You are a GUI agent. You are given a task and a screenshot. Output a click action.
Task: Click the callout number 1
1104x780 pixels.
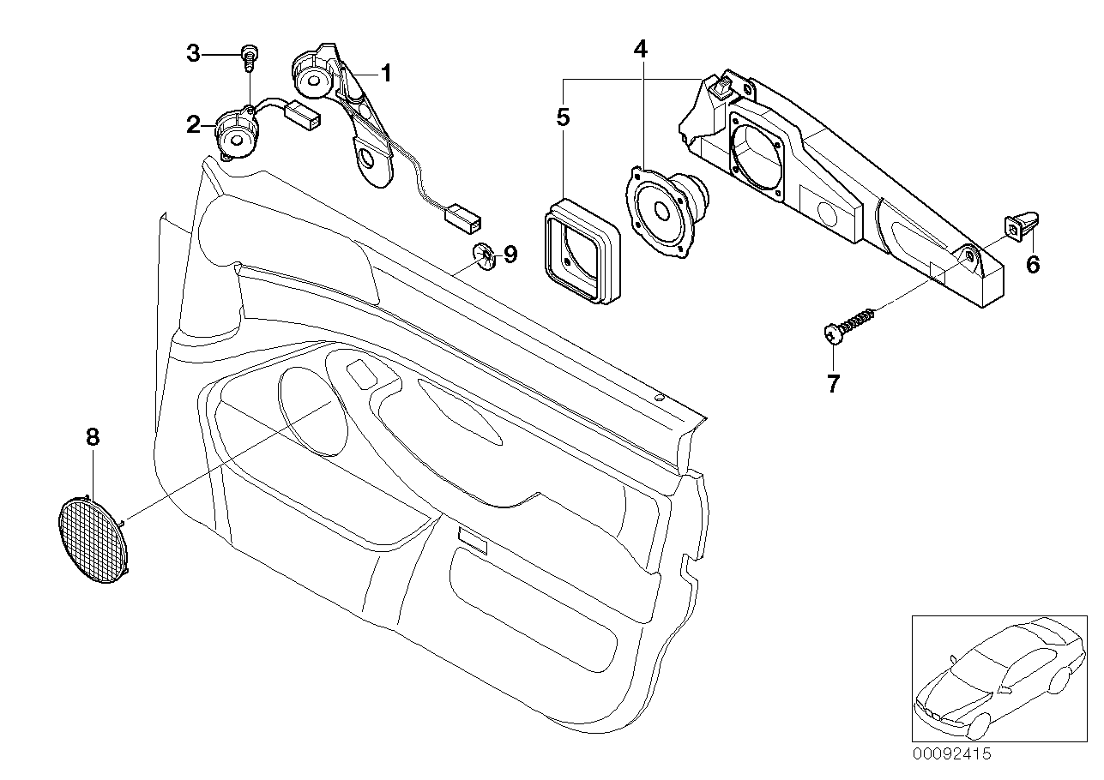click(x=386, y=75)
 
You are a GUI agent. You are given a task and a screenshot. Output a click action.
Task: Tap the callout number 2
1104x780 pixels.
click(x=193, y=126)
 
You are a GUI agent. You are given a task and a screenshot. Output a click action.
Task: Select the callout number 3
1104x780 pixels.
click(x=193, y=54)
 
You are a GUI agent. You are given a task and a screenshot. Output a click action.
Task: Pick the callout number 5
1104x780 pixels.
click(x=563, y=117)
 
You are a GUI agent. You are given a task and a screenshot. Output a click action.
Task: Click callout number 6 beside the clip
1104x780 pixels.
click(x=1033, y=265)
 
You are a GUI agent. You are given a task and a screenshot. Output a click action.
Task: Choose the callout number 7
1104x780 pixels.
click(x=833, y=384)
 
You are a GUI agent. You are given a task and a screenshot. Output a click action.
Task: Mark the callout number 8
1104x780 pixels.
click(x=93, y=437)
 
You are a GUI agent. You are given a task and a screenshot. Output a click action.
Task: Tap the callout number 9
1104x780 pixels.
click(x=510, y=254)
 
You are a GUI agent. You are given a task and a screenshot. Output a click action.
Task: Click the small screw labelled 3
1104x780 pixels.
click(x=250, y=57)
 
